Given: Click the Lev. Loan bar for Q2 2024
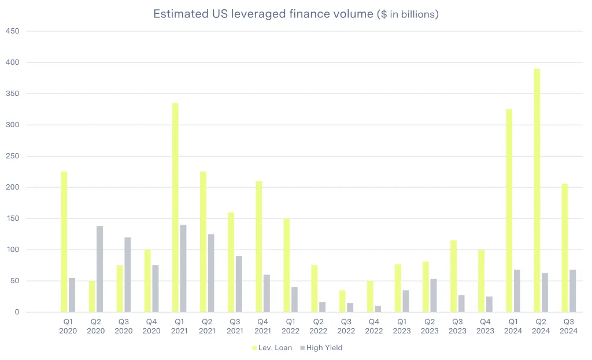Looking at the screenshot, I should [x=537, y=191].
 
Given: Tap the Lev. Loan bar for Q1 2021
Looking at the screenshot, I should [x=175, y=207].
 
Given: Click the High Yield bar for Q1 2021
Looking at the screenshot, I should [x=183, y=268].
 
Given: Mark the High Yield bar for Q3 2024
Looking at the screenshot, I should [x=573, y=291].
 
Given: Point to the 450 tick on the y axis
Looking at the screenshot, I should [x=13, y=31].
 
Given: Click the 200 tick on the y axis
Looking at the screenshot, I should [x=13, y=187].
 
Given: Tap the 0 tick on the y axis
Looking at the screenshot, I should [x=16, y=312].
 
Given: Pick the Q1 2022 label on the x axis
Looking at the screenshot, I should [x=291, y=326].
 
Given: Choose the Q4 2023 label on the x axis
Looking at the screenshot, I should [x=485, y=326].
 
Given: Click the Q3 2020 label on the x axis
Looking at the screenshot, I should [x=124, y=326].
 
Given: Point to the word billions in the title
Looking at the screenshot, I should [x=415, y=15].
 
